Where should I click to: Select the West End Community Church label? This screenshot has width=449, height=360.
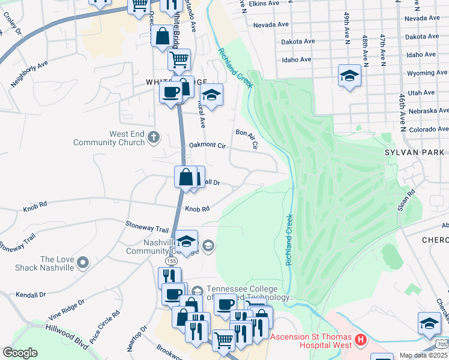coord(109,139)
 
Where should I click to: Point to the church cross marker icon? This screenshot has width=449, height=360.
coord(154,137)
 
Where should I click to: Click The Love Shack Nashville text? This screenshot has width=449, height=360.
coord(56,263)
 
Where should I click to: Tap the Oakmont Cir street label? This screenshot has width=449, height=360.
coord(207,145)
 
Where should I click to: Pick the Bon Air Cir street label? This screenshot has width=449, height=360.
coord(246,139)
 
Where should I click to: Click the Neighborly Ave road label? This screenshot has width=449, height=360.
coord(29,73)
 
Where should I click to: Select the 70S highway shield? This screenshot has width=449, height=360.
coord(442,344)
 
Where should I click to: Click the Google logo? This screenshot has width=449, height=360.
coord(20,353)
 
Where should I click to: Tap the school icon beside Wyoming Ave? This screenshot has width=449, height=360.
coord(349,76)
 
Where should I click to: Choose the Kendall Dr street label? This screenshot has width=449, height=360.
coord(31,295)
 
